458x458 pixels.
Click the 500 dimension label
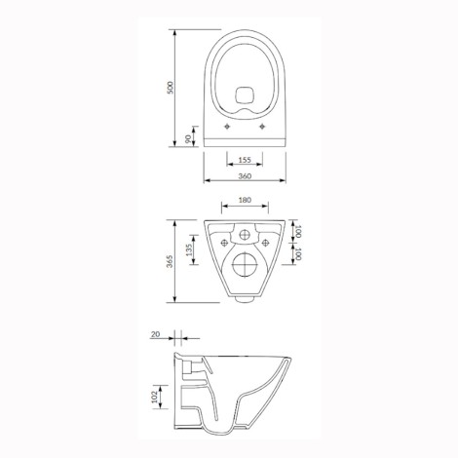pyautogui.click(x=171, y=88)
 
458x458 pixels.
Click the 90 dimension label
pyautogui.click(x=188, y=139)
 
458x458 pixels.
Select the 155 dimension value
pyautogui.click(x=245, y=160)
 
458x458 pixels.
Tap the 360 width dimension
pyautogui.click(x=245, y=176)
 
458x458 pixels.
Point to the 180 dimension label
pyautogui.click(x=245, y=200)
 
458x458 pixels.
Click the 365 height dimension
pyautogui.click(x=171, y=261)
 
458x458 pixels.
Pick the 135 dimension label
pyautogui.click(x=190, y=249)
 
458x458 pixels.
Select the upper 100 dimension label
pyautogui.click(x=298, y=231)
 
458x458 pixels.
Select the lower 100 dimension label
pyautogui.click(x=298, y=254)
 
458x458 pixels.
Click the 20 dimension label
pyautogui.click(x=156, y=334)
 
